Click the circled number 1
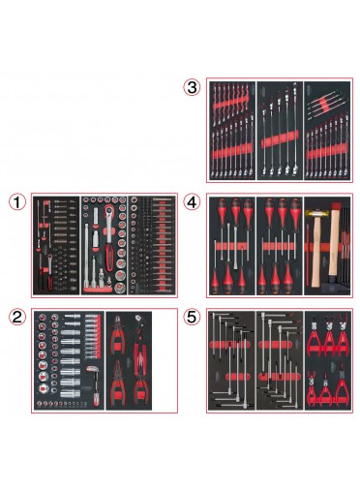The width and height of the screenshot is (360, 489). [x=17, y=202]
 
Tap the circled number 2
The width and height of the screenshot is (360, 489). [x=17, y=317]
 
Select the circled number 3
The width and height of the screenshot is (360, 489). [x=192, y=87]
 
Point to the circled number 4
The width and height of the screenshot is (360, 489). [x=192, y=202]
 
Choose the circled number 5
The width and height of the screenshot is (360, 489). [x=192, y=317]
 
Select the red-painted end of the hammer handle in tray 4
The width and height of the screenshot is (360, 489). [x=336, y=206]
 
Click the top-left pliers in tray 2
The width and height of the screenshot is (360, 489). [x=118, y=332]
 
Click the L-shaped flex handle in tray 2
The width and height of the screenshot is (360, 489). [x=93, y=384]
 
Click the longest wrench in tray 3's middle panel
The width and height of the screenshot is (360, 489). [x=295, y=128]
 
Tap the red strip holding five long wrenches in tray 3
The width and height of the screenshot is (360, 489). [x=280, y=138]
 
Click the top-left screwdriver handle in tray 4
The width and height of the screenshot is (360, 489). [x=223, y=208]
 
